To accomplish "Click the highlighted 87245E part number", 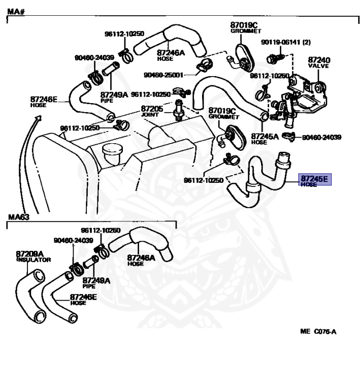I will click(315, 178).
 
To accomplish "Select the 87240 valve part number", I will click(319, 59).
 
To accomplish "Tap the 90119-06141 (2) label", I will click(285, 42).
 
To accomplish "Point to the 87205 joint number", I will click(152, 109).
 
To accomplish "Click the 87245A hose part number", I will click(265, 136).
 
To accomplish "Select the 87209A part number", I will click(29, 253).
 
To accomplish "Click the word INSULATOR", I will click(34, 259).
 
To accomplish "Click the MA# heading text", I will click(16, 11).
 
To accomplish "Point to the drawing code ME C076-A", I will click(318, 332).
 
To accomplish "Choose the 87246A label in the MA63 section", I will click(141, 257).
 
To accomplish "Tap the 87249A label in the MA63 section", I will click(96, 280).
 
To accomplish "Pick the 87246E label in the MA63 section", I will click(84, 297).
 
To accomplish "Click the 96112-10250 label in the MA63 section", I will click(101, 230).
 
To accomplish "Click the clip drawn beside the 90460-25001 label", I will click(205, 65).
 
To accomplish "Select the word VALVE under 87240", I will click(319, 66).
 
